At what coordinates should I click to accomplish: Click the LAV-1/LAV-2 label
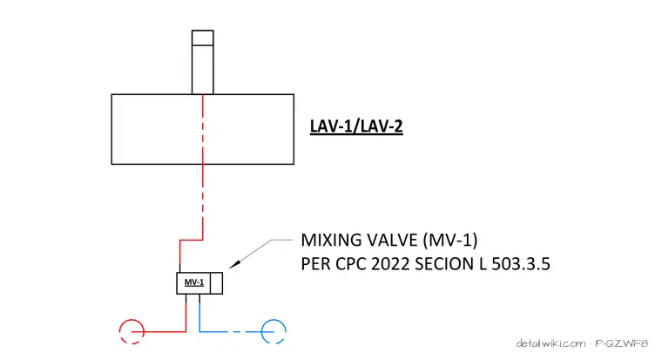coord(356,126)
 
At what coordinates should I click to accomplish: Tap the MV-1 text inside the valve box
coord(194,282)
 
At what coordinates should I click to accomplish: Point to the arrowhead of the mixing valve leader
coord(234,264)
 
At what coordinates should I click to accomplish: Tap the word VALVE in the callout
coord(392,240)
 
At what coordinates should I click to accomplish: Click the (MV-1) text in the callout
coord(450,240)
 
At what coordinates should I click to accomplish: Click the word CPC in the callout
coord(351,264)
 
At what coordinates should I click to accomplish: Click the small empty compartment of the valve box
coord(216,283)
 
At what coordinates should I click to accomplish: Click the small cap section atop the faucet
coord(203,37)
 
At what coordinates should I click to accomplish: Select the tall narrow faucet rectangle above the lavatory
coord(203,62)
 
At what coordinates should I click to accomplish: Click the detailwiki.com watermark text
coord(551,343)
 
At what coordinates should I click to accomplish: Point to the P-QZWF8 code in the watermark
coord(621,343)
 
